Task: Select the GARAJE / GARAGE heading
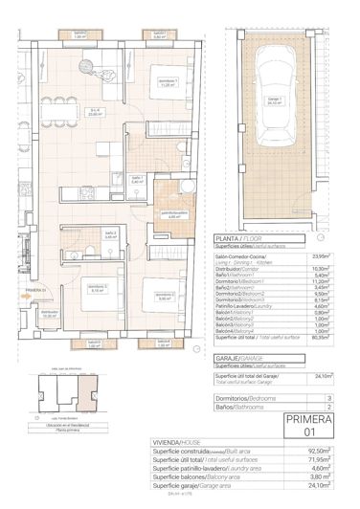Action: click(x=239, y=354)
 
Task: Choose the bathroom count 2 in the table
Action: click(x=329, y=407)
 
